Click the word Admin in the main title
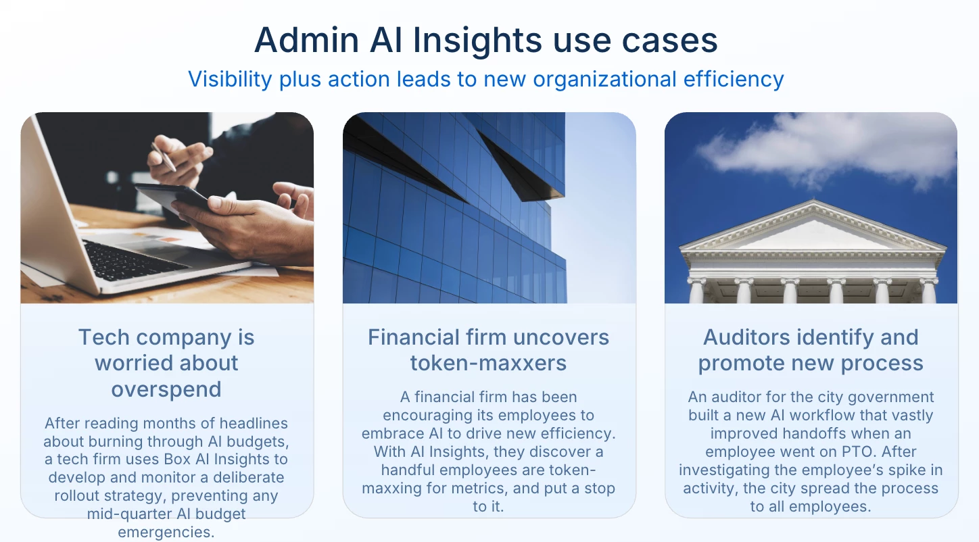point(306,40)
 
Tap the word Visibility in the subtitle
point(230,80)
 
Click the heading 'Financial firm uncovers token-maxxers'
point(489,350)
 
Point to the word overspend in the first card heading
point(166,389)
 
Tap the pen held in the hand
point(164,156)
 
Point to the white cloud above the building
point(826,149)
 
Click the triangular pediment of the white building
point(813,229)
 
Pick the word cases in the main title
point(669,41)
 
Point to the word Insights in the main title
point(477,41)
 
